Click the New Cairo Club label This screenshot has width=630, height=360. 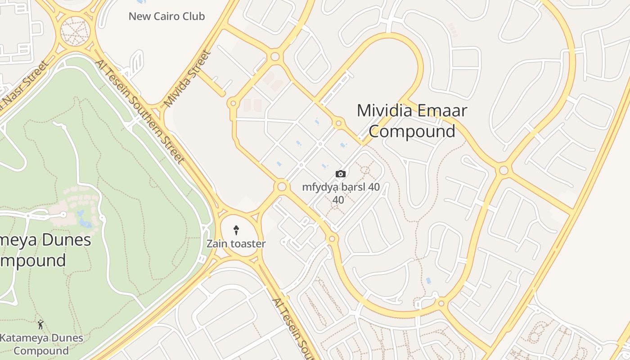(x=166, y=16)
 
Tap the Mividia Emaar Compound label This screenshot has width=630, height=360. (x=412, y=121)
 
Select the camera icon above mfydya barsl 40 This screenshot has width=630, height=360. (x=341, y=174)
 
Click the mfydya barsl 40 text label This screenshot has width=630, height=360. (x=341, y=187)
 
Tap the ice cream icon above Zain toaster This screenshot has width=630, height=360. (x=236, y=230)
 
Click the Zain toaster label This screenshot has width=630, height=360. (x=236, y=244)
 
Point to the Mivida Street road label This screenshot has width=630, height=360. (x=187, y=79)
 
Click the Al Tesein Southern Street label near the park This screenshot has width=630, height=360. (x=139, y=111)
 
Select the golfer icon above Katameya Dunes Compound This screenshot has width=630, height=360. (x=40, y=324)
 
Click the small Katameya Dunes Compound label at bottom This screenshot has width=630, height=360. (x=41, y=344)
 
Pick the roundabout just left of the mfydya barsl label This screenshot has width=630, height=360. (x=282, y=186)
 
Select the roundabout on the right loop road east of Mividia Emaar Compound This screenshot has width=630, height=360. (x=504, y=170)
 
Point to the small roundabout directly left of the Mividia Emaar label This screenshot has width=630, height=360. (x=338, y=122)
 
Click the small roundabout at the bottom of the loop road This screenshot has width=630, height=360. (x=441, y=303)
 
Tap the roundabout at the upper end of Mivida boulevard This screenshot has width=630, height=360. (x=275, y=57)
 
